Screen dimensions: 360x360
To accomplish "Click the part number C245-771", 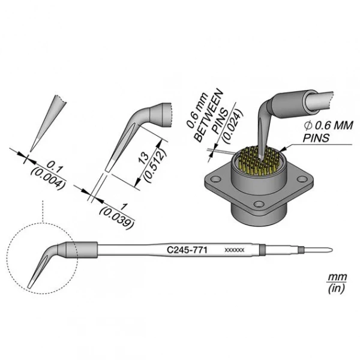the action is [x=187, y=250].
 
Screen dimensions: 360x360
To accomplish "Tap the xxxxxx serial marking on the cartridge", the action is [x=235, y=250].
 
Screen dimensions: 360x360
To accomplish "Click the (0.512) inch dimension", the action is [x=155, y=164].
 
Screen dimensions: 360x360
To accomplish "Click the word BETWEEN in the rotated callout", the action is [x=208, y=116].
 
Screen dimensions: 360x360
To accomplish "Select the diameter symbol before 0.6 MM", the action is [x=308, y=125].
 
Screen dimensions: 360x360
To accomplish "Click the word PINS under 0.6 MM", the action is [x=316, y=138].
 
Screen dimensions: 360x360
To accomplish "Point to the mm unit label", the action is [x=337, y=278].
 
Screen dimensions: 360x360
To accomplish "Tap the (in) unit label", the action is [x=337, y=289].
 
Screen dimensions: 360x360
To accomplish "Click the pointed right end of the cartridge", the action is [x=331, y=250].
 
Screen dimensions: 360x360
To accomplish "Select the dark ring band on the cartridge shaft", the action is [x=262, y=250].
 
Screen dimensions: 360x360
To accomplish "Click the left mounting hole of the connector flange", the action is [x=215, y=179].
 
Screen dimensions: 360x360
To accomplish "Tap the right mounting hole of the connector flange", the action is [x=302, y=178].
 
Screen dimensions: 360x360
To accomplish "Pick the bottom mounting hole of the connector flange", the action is [x=259, y=204].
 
